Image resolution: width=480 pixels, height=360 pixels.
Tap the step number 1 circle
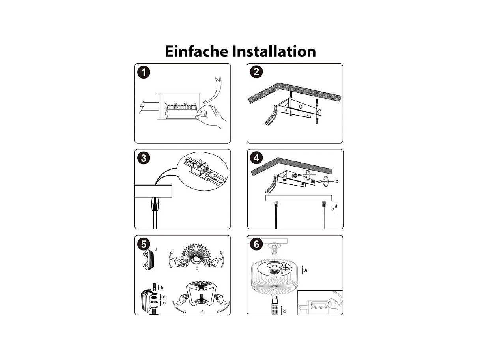144,72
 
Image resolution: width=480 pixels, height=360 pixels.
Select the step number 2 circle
256,72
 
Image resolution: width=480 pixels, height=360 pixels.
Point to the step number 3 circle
144,158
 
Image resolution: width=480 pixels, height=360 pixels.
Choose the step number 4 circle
256,158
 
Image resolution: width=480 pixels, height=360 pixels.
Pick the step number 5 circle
144,244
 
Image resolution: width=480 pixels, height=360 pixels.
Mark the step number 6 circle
256,244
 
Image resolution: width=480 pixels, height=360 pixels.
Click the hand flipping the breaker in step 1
211,116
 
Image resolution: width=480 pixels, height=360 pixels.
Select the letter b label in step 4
337,182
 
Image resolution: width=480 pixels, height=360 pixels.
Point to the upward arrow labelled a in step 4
336,208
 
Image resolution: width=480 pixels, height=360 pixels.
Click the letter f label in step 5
202,312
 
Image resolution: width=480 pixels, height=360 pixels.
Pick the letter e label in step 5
162,287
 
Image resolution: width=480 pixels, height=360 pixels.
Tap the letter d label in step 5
164,297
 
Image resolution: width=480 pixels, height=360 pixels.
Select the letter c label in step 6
284,311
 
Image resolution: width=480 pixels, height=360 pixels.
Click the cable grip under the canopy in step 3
154,204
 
